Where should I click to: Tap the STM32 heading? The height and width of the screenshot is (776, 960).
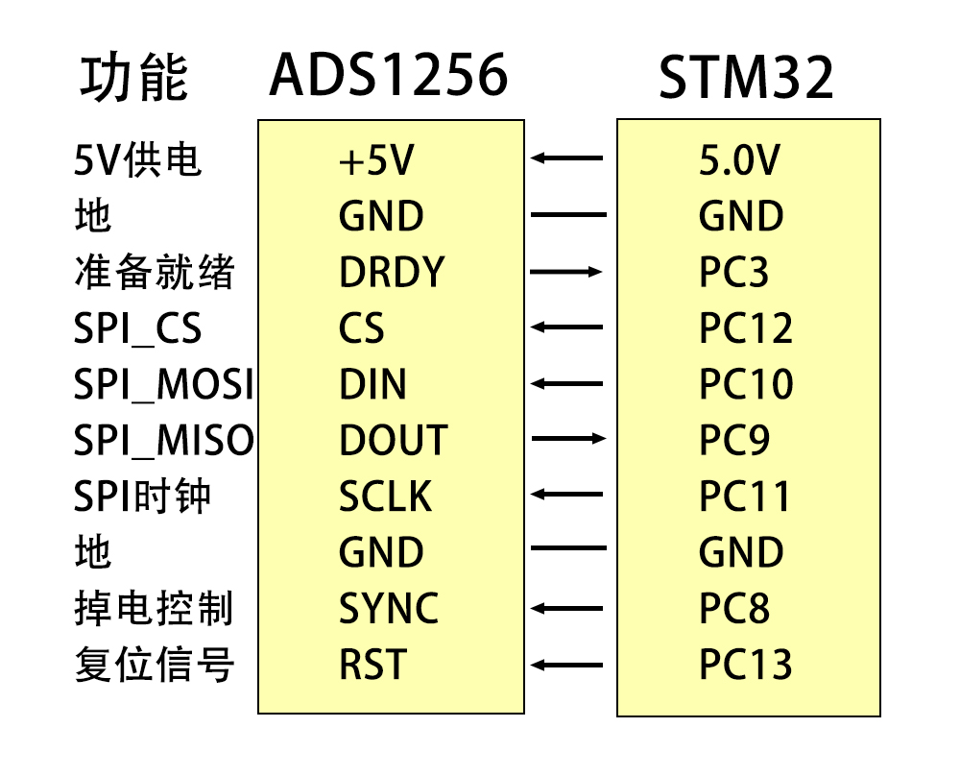(x=746, y=79)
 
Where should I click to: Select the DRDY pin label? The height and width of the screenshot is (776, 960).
(x=392, y=274)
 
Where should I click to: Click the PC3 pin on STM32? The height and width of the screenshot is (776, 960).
(x=734, y=274)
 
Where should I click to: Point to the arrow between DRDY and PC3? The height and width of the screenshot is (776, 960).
(x=568, y=273)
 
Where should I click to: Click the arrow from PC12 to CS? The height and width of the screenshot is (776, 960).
(x=568, y=327)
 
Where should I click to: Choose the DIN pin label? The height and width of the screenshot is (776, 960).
(x=372, y=385)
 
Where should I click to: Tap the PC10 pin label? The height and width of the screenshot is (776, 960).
(x=746, y=385)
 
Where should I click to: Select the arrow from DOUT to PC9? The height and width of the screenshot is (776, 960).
(x=568, y=440)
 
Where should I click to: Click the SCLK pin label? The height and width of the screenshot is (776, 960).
(x=385, y=497)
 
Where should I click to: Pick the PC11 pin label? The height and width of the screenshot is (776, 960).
(x=745, y=497)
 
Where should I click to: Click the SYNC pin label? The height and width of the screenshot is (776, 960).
(x=389, y=609)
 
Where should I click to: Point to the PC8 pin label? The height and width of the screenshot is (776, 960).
(x=734, y=609)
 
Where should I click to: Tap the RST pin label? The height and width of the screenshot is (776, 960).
(x=372, y=665)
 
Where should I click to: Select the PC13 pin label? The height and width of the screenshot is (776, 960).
(x=746, y=665)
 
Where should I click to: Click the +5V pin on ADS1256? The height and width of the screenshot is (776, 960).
(x=375, y=161)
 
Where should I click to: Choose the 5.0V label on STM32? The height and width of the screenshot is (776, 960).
(x=739, y=161)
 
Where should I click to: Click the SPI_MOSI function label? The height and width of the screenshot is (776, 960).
(x=163, y=386)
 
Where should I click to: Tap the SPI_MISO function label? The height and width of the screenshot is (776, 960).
(x=163, y=441)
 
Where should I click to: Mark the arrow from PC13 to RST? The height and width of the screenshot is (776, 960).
(x=568, y=665)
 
